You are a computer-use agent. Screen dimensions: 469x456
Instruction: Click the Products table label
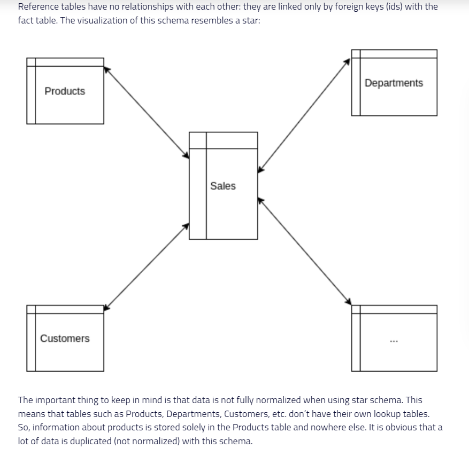click(65, 91)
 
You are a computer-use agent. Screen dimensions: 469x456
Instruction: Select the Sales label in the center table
click(222, 186)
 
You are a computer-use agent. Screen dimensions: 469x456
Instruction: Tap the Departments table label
click(394, 83)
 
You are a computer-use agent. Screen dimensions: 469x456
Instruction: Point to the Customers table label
click(65, 339)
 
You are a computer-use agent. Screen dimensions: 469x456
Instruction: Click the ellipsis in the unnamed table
click(394, 341)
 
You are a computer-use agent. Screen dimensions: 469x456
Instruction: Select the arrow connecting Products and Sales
click(147, 112)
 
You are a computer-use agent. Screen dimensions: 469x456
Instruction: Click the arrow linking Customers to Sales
click(147, 266)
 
